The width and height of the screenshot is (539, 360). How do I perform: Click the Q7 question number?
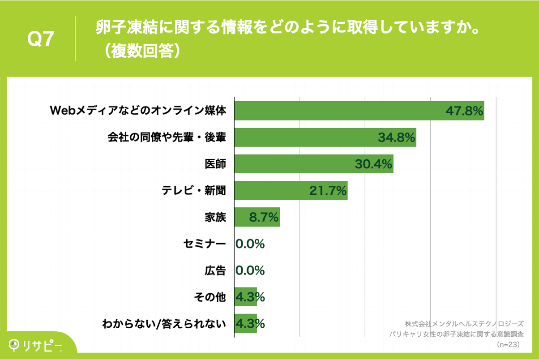[x=41, y=39]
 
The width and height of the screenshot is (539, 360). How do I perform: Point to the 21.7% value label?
[x=328, y=191]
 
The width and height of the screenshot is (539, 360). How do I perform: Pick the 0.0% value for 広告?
[x=250, y=270]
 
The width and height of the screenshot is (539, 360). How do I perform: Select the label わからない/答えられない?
[x=164, y=323]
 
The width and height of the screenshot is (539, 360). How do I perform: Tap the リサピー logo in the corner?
[x=36, y=345]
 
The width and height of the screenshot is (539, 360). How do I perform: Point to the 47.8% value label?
[x=464, y=111]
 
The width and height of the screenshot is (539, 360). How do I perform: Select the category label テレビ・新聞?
[x=194, y=191]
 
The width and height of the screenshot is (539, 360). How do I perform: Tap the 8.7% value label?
[x=264, y=218]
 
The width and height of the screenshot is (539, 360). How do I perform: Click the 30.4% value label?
[x=374, y=164]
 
